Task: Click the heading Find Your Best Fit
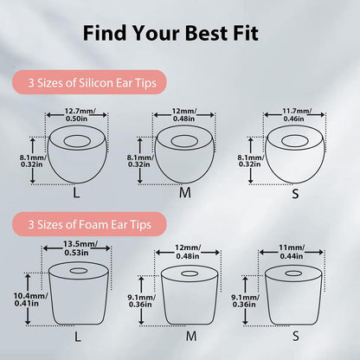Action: pos(170,33)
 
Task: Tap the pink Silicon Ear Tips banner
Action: pos(90,82)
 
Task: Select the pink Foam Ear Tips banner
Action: pos(90,224)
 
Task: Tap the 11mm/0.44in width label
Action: pos(292,252)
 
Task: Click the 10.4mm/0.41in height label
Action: pos(30,299)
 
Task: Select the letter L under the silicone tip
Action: pos(76,193)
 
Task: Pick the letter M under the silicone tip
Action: pos(185,193)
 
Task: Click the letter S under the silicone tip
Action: pos(295,194)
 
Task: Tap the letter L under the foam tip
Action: pos(78,337)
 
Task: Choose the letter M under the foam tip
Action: pos(191,336)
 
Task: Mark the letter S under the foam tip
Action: pos(296,336)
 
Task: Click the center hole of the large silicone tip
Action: pos(77,141)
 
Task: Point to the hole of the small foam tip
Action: pos(293,273)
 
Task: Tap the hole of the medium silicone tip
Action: pos(184,141)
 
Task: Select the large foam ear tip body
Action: pos(78,292)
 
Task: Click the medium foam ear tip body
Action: pos(189,294)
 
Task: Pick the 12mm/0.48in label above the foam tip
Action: pos(188,252)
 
